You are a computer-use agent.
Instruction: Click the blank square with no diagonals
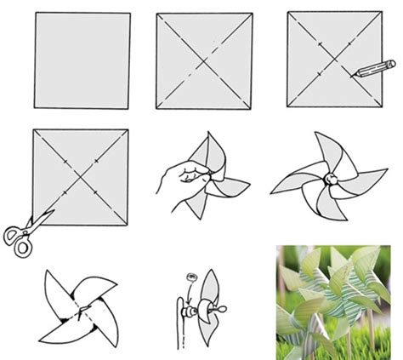tap(82, 60)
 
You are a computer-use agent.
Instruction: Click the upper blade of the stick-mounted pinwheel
tap(210, 285)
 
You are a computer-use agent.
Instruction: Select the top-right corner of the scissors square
tap(128, 130)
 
